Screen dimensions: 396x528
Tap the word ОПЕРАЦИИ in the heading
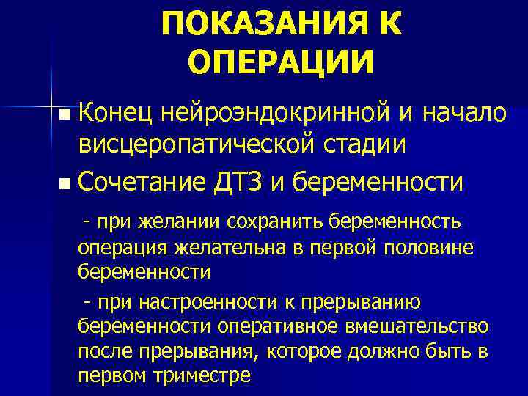tap(281, 62)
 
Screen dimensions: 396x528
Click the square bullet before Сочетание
tap(67, 182)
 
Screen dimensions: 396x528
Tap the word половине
tap(429, 248)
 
